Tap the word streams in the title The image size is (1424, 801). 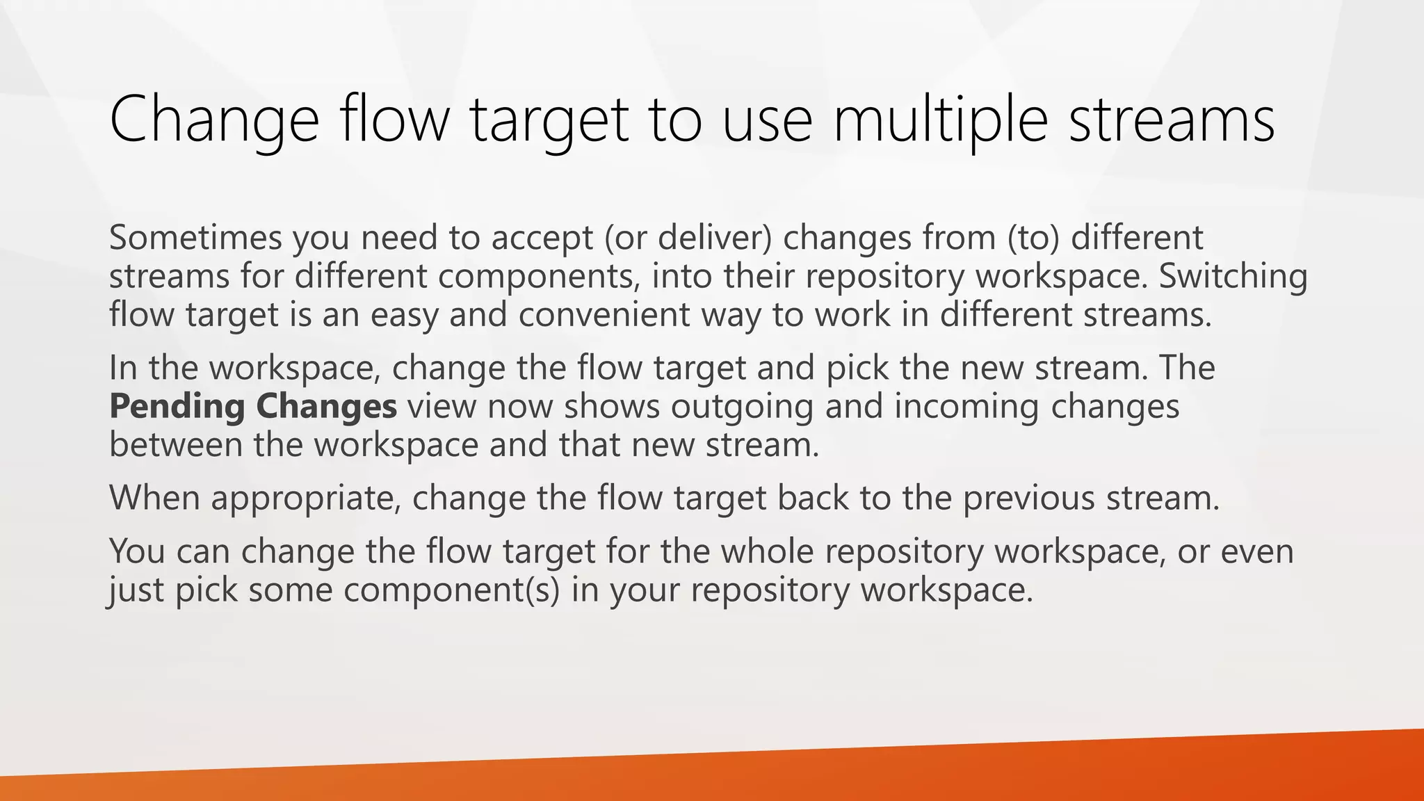[x=1171, y=120]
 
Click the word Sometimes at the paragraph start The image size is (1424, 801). [x=195, y=238]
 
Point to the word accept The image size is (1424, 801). [x=541, y=238]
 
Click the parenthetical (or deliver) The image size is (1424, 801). [x=688, y=238]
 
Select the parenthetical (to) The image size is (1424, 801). [x=1033, y=238]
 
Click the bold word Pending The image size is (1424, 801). [x=177, y=406]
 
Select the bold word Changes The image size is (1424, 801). [x=326, y=406]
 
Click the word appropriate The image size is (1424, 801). [x=305, y=498]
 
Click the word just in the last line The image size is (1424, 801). [x=135, y=590]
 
